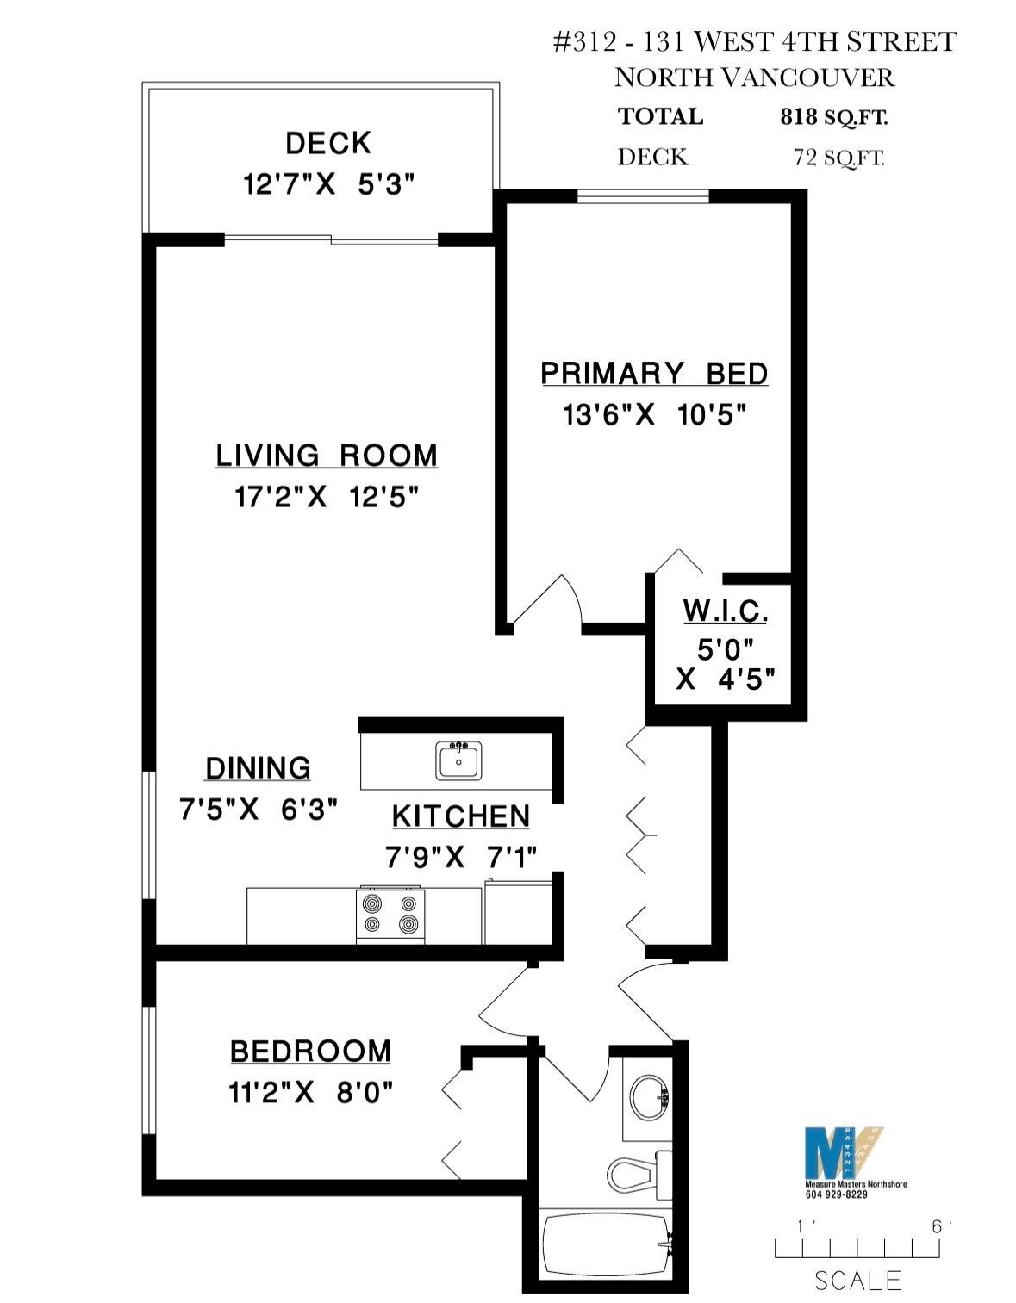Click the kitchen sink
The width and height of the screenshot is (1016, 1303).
click(458, 760)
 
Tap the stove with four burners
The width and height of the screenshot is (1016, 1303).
click(390, 915)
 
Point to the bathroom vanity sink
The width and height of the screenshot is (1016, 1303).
click(650, 1096)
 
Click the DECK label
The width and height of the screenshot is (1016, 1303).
click(328, 143)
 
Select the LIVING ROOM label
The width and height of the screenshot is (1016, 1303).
click(327, 455)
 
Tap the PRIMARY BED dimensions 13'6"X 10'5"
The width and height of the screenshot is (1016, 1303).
click(654, 415)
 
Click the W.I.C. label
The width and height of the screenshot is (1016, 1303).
click(725, 611)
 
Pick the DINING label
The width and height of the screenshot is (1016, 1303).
click(258, 768)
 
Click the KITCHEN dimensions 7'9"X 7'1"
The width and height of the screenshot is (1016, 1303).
click(461, 857)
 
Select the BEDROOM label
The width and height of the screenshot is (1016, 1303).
click(311, 1052)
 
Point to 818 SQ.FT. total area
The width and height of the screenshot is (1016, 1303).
click(833, 116)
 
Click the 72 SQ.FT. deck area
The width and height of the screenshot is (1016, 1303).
click(839, 157)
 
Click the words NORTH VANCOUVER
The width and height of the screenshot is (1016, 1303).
click(754, 78)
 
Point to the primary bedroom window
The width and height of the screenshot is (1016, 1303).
click(643, 196)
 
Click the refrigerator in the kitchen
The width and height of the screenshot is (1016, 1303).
click(518, 912)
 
